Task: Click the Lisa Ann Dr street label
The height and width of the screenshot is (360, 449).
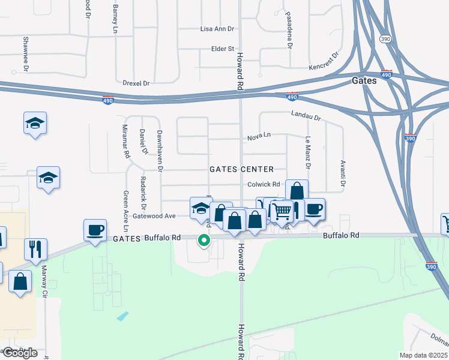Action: pos(216,29)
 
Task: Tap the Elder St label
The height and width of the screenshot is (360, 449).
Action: pos(221,49)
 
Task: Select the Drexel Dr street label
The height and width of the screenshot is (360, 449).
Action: pos(135,83)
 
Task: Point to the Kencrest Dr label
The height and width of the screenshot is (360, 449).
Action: pos(324,61)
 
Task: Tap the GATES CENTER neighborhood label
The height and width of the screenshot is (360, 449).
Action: pos(241,169)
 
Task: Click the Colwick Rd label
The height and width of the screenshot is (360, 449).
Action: pos(264,184)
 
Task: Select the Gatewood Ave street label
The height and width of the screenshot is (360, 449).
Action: pos(154,215)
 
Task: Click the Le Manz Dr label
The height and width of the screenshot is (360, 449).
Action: pos(308,151)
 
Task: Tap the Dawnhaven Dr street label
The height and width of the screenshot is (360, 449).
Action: pos(160,151)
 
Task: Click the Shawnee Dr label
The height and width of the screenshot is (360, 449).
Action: pos(26,54)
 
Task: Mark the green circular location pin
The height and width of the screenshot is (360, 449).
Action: pos(204,241)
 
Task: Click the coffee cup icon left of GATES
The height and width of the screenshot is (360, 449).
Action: pos(95,229)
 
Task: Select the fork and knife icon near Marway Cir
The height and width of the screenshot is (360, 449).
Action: pos(35,248)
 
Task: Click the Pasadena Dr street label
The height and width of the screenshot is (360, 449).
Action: pos(289,37)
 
